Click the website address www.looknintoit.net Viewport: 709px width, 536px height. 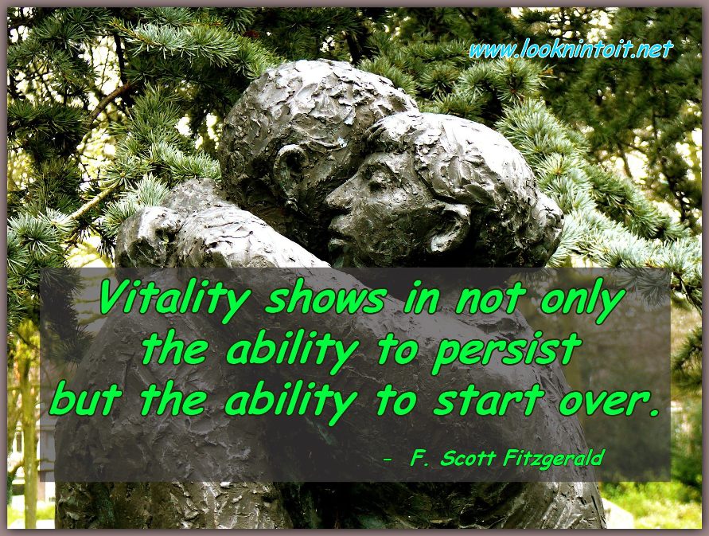coord(571,49)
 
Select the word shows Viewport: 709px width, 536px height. coord(325,298)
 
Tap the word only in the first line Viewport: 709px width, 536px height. coord(582,299)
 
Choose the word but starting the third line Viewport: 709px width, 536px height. coord(85,399)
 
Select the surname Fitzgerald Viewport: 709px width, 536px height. coord(553,460)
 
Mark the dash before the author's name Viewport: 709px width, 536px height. coord(387,460)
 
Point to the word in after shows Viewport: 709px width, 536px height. coord(420,299)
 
